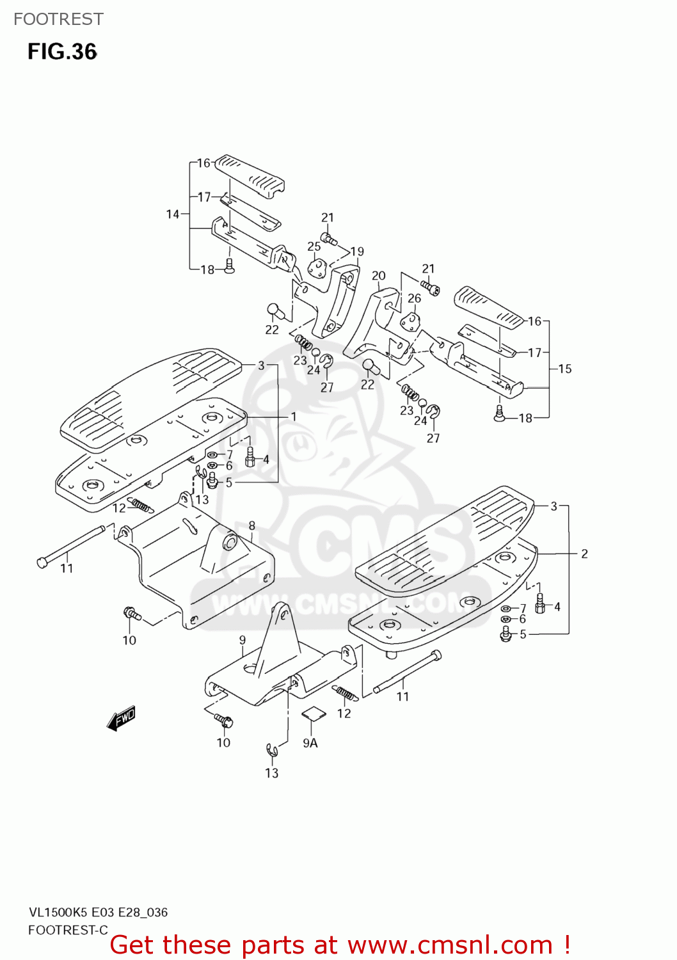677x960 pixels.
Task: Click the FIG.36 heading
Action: [x=62, y=52]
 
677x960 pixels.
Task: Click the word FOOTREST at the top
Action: [x=58, y=19]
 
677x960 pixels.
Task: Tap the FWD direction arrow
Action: [x=122, y=718]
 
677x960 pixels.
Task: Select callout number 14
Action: [x=173, y=214]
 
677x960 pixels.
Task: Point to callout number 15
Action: [x=564, y=369]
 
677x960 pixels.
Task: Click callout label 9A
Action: [x=310, y=742]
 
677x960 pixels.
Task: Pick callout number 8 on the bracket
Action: [x=252, y=525]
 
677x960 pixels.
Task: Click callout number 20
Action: [x=379, y=276]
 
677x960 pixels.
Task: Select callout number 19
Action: [x=357, y=252]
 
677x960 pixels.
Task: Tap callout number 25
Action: [x=314, y=246]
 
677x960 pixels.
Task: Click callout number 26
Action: [x=415, y=298]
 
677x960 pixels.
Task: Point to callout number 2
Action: [x=584, y=554]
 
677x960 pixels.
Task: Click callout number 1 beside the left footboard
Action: [x=294, y=417]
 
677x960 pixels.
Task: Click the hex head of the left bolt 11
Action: [x=43, y=562]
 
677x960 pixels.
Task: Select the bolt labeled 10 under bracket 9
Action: [x=224, y=721]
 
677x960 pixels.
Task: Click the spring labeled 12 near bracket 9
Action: [x=344, y=693]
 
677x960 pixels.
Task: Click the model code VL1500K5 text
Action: [x=59, y=913]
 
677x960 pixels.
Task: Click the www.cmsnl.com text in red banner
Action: [x=450, y=945]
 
